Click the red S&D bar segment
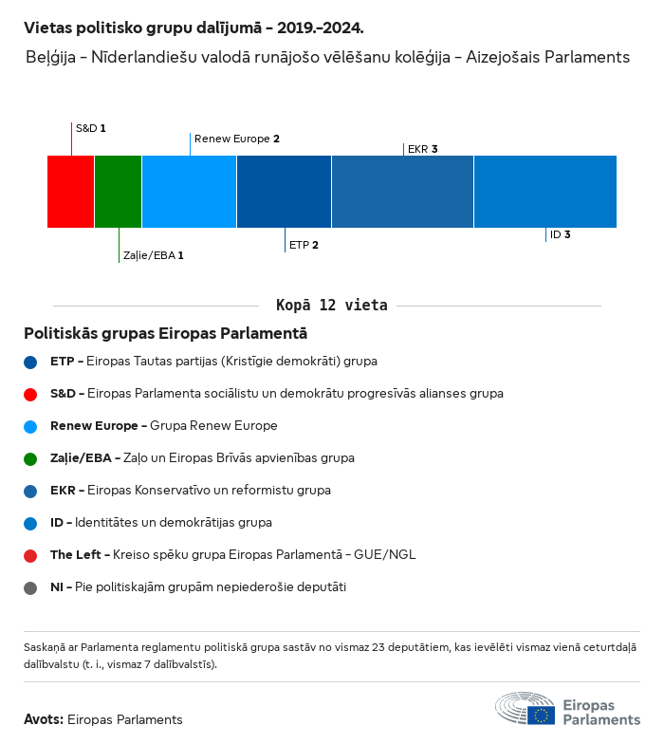click(71, 192)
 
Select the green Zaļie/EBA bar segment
click(119, 192)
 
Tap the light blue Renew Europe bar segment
click(189, 192)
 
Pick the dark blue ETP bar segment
click(284, 192)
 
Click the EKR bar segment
click(402, 192)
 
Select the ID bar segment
click(544, 192)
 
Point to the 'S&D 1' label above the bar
click(90, 127)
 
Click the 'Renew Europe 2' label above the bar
click(236, 139)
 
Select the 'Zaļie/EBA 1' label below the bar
click(152, 255)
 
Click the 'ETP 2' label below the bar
click(304, 245)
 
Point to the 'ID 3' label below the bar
click(560, 234)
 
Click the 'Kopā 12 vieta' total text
click(331, 306)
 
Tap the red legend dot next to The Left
click(31, 555)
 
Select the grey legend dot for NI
click(31, 587)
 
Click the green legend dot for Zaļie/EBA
click(31, 458)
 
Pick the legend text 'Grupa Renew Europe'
click(213, 426)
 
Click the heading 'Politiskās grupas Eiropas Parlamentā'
click(165, 334)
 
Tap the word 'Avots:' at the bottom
click(44, 719)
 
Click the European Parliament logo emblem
click(525, 711)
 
